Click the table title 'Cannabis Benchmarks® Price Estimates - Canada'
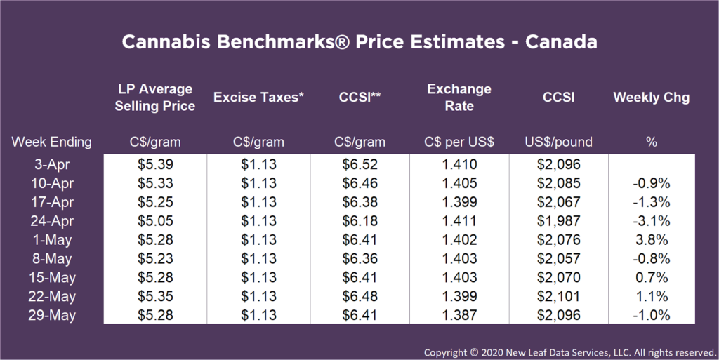click(x=359, y=41)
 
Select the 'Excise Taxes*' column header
click(x=258, y=98)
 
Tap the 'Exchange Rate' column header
click(x=459, y=98)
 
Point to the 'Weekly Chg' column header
click(x=651, y=98)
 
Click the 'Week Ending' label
click(x=51, y=142)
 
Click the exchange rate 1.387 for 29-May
click(x=459, y=316)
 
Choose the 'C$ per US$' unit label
click(x=459, y=142)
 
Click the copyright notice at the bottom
click(x=569, y=350)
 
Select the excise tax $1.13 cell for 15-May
click(x=258, y=278)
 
